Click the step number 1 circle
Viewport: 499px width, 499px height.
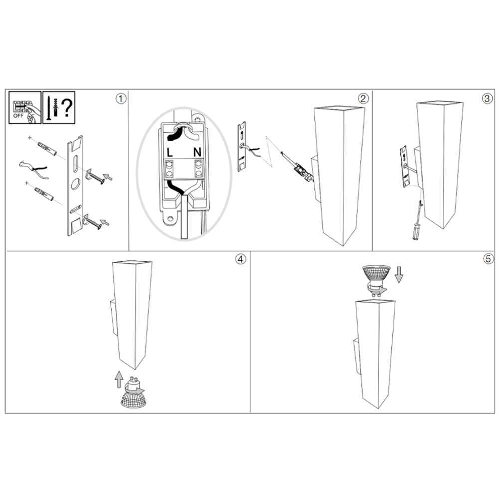[121, 99]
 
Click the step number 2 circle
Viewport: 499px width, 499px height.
[363, 99]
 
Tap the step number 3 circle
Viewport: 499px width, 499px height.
[487, 99]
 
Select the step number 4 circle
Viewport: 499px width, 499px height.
[241, 259]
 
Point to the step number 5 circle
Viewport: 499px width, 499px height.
[488, 259]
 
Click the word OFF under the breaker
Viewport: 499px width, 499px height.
[18, 116]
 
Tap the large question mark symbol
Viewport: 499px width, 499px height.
[67, 108]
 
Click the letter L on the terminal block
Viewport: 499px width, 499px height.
[170, 152]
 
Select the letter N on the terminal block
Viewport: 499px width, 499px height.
[197, 152]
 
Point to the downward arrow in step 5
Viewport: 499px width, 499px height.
[399, 275]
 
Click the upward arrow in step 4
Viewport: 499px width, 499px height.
[119, 379]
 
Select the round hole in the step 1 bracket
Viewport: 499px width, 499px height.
[76, 184]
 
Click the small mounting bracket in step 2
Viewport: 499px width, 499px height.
[242, 146]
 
